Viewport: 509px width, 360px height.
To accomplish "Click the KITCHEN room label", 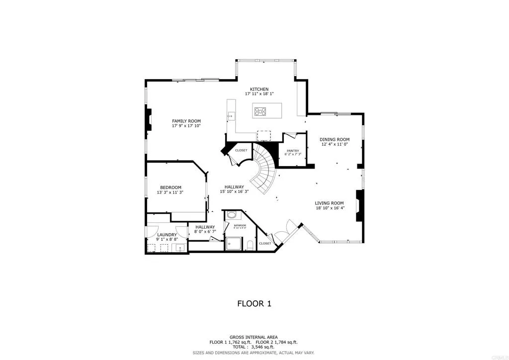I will tap(259, 89).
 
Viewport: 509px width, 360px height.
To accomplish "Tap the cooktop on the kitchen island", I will tap(260, 110).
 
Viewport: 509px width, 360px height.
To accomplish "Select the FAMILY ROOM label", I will tap(186, 121).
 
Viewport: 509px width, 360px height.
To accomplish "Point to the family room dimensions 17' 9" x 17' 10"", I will tap(186, 126).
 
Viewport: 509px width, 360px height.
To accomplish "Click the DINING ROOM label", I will tap(334, 139).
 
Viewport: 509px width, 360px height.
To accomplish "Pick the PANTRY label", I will tap(293, 150).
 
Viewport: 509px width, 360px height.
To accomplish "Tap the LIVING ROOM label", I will tap(330, 203).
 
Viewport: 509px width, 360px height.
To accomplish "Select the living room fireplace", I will tap(359, 205).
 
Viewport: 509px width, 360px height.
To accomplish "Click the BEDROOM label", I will tap(170, 187).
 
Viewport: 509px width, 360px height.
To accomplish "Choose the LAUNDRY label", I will tap(167, 235).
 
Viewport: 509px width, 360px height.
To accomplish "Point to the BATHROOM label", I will tap(240, 225).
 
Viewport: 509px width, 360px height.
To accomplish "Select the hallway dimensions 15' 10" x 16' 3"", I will tap(235, 191).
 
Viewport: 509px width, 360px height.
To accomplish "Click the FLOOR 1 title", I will tap(254, 303).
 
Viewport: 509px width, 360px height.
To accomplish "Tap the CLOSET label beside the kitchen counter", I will tap(241, 150).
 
